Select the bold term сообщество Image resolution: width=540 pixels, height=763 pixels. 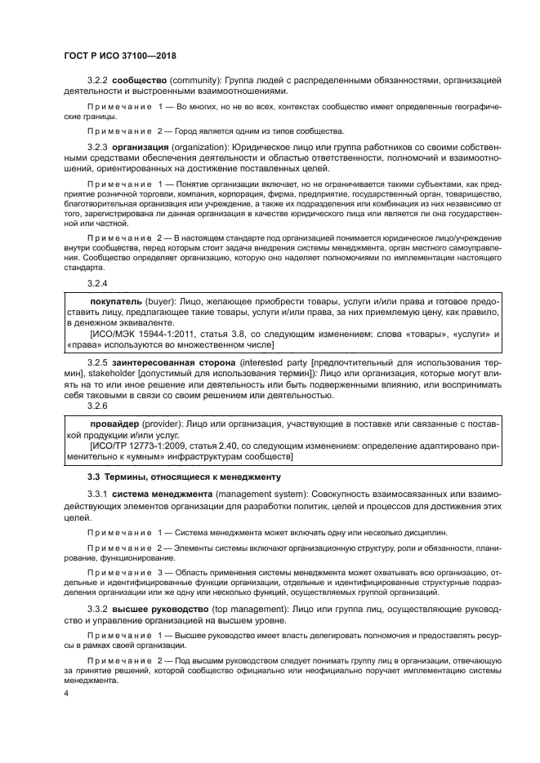(x=140, y=80)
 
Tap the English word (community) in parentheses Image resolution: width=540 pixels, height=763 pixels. (x=201, y=80)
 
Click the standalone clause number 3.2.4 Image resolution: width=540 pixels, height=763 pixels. (x=97, y=282)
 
